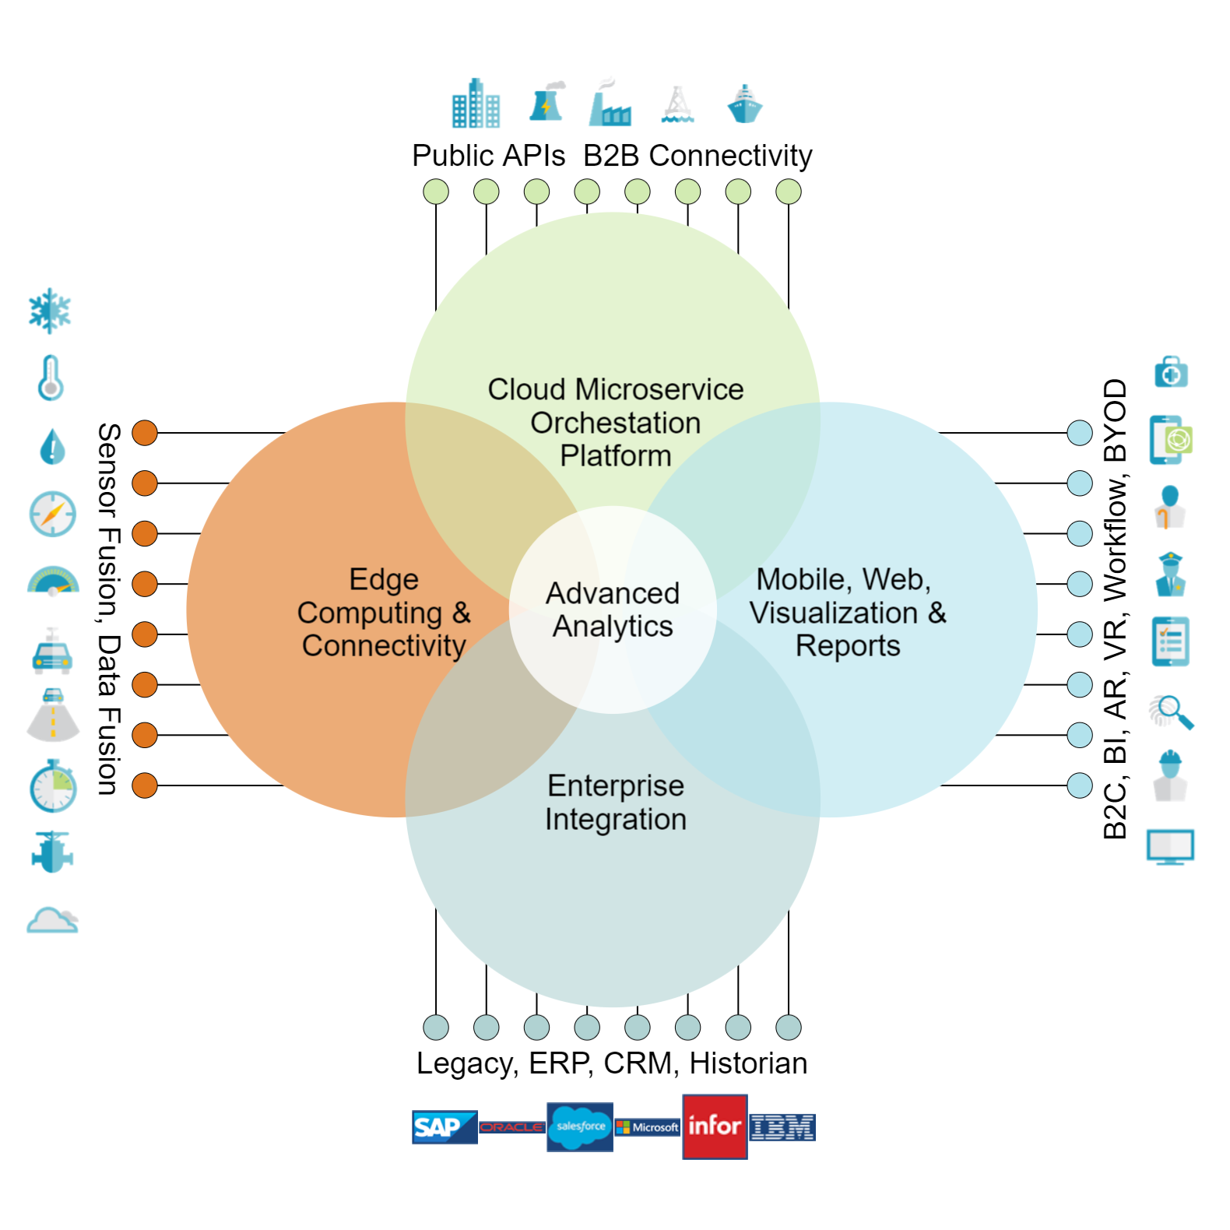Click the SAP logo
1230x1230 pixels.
point(444,1126)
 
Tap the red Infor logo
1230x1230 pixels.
point(715,1126)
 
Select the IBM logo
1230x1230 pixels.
point(782,1126)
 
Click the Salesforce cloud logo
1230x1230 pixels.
point(580,1126)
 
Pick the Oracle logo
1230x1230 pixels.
point(511,1126)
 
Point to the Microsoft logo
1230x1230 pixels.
point(648,1126)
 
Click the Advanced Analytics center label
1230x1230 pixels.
point(613,610)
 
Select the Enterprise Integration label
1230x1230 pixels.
point(615,803)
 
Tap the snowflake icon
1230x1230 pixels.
point(50,311)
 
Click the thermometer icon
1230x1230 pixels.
point(51,378)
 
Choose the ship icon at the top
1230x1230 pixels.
point(744,104)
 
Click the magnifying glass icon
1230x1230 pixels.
point(1172,712)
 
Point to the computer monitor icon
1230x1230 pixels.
point(1170,847)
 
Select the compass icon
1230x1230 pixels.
point(52,514)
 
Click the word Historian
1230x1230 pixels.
point(748,1063)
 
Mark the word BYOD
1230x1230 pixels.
point(1115,420)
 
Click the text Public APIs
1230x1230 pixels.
point(488,156)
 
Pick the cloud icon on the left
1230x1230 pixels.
point(52,920)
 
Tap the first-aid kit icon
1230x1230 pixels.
point(1171,372)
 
